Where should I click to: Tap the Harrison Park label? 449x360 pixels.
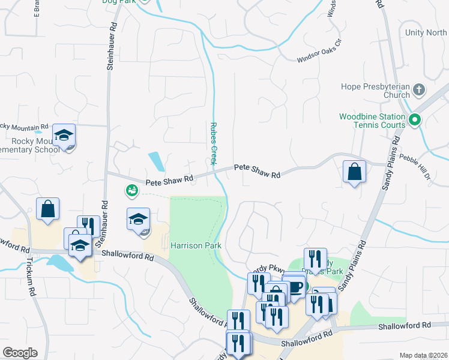196,245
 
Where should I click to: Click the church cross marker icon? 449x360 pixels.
419,91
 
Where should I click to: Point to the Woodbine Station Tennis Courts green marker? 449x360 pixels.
414,121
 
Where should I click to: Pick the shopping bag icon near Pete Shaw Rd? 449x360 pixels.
354,172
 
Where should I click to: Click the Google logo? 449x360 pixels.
20,353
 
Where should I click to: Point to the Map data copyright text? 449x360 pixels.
423,356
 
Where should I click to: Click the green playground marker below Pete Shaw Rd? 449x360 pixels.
131,191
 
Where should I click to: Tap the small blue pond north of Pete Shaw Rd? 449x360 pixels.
156,161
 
